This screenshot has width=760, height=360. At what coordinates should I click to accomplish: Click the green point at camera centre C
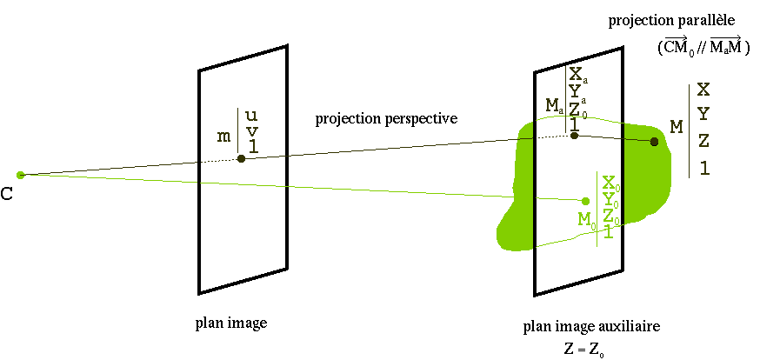click(x=21, y=175)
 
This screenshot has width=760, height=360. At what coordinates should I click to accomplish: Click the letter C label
click(x=7, y=193)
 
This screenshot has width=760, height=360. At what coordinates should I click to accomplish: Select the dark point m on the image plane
click(x=241, y=158)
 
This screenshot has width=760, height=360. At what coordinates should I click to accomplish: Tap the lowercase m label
click(x=223, y=137)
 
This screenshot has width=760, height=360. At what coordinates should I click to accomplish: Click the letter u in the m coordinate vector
click(x=251, y=115)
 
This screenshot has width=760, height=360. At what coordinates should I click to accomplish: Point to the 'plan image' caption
click(x=230, y=323)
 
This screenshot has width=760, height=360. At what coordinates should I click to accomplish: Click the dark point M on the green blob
click(x=654, y=141)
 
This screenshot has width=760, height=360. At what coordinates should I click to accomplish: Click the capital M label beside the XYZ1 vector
click(x=675, y=128)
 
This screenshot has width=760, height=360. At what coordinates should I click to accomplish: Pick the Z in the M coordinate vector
click(x=703, y=141)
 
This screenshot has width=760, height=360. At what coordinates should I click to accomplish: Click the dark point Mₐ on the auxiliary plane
click(x=574, y=135)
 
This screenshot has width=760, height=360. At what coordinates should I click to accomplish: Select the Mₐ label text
click(x=555, y=105)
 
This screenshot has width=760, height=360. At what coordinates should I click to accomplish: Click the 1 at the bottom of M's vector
click(x=703, y=168)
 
